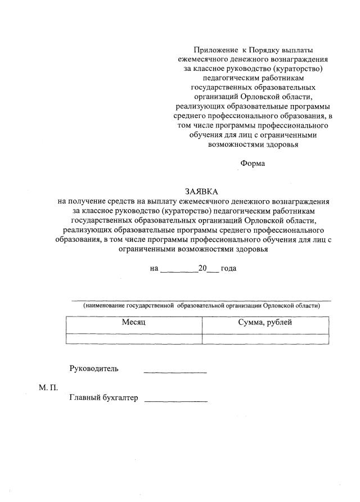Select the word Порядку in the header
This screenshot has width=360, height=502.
(265, 51)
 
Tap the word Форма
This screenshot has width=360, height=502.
(252, 164)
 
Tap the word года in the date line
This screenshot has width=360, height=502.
(228, 269)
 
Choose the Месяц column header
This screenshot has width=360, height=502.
(134, 323)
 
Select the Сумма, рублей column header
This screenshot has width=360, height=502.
(265, 323)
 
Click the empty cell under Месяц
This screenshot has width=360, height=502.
(134, 338)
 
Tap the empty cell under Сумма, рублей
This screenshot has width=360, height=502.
(265, 338)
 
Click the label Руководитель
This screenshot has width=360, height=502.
(94, 369)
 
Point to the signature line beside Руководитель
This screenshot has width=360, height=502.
(175, 373)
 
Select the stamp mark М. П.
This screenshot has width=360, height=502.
(49, 388)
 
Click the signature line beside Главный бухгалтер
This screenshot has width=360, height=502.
(176, 401)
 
